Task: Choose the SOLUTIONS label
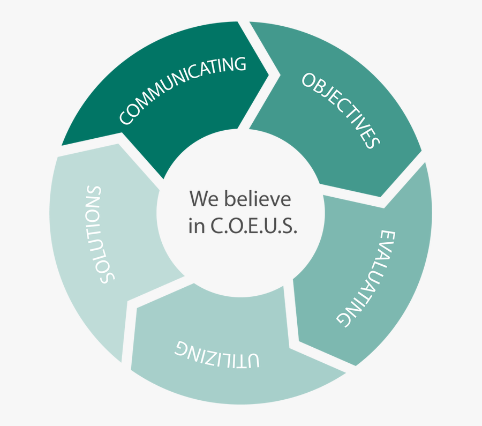point(99,235)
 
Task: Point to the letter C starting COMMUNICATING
point(126,117)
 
